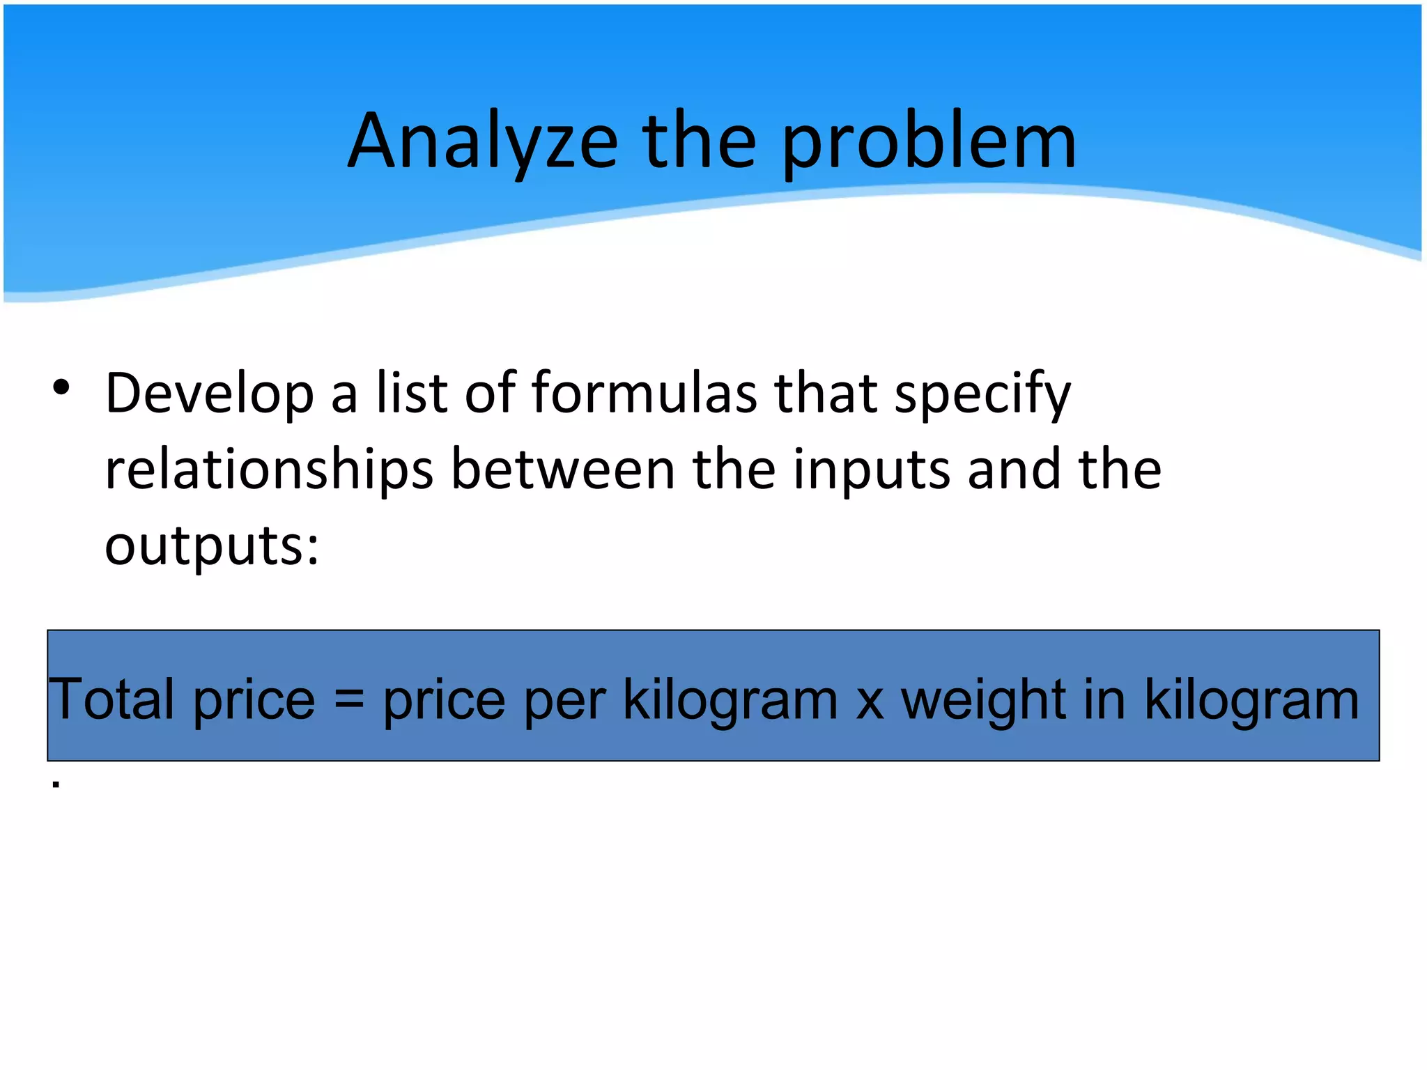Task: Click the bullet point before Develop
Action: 61,387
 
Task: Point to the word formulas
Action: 644,393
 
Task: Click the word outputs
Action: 212,546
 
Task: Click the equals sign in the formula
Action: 349,699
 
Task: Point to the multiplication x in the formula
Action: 870,701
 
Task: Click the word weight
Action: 983,700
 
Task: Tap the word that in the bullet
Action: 826,393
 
